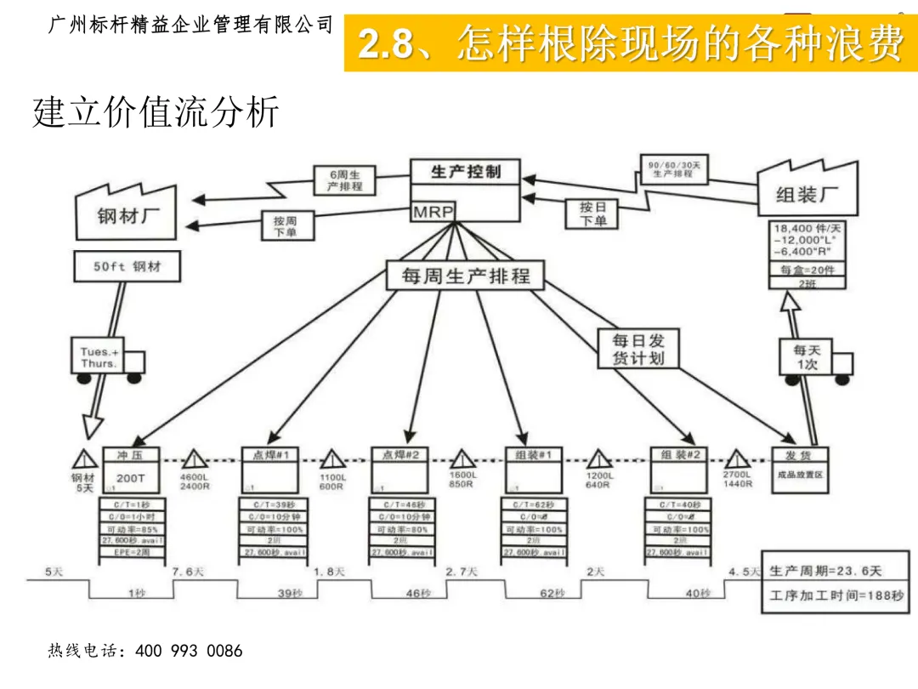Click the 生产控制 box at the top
pos(465,173)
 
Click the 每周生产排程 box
pos(465,276)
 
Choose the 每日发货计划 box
pos(638,348)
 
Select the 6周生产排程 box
pos(344,180)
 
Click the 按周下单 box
pos(285,226)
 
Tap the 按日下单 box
pos(592,214)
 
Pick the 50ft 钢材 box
pos(127,267)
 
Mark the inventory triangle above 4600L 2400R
pos(195,460)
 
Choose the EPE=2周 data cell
pos(132,553)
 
